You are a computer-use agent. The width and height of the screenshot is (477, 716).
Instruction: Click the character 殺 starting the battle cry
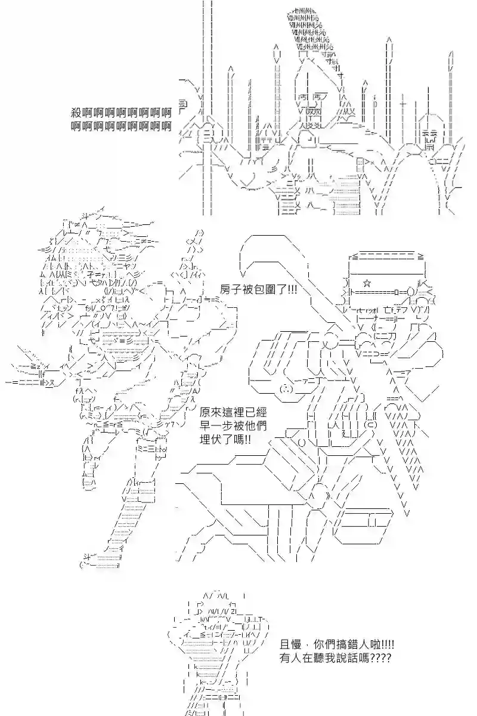pos(76,112)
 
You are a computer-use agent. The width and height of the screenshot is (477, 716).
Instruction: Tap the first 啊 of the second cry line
pos(76,126)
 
